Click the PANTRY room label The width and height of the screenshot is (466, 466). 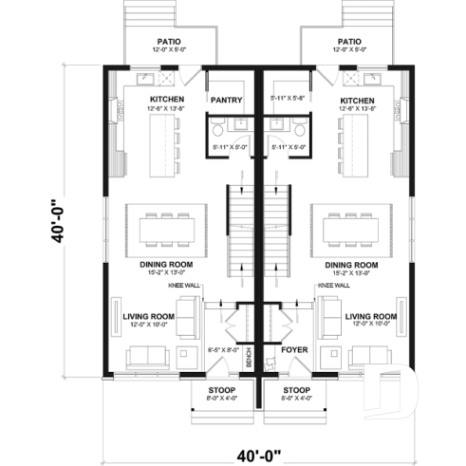(228, 99)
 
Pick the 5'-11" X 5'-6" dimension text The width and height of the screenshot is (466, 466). (287, 98)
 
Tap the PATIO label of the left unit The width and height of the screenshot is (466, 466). (166, 42)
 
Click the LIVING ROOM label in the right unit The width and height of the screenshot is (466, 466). (370, 316)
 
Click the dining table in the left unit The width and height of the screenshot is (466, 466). (167, 229)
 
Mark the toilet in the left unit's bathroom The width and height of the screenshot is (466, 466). (216, 129)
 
